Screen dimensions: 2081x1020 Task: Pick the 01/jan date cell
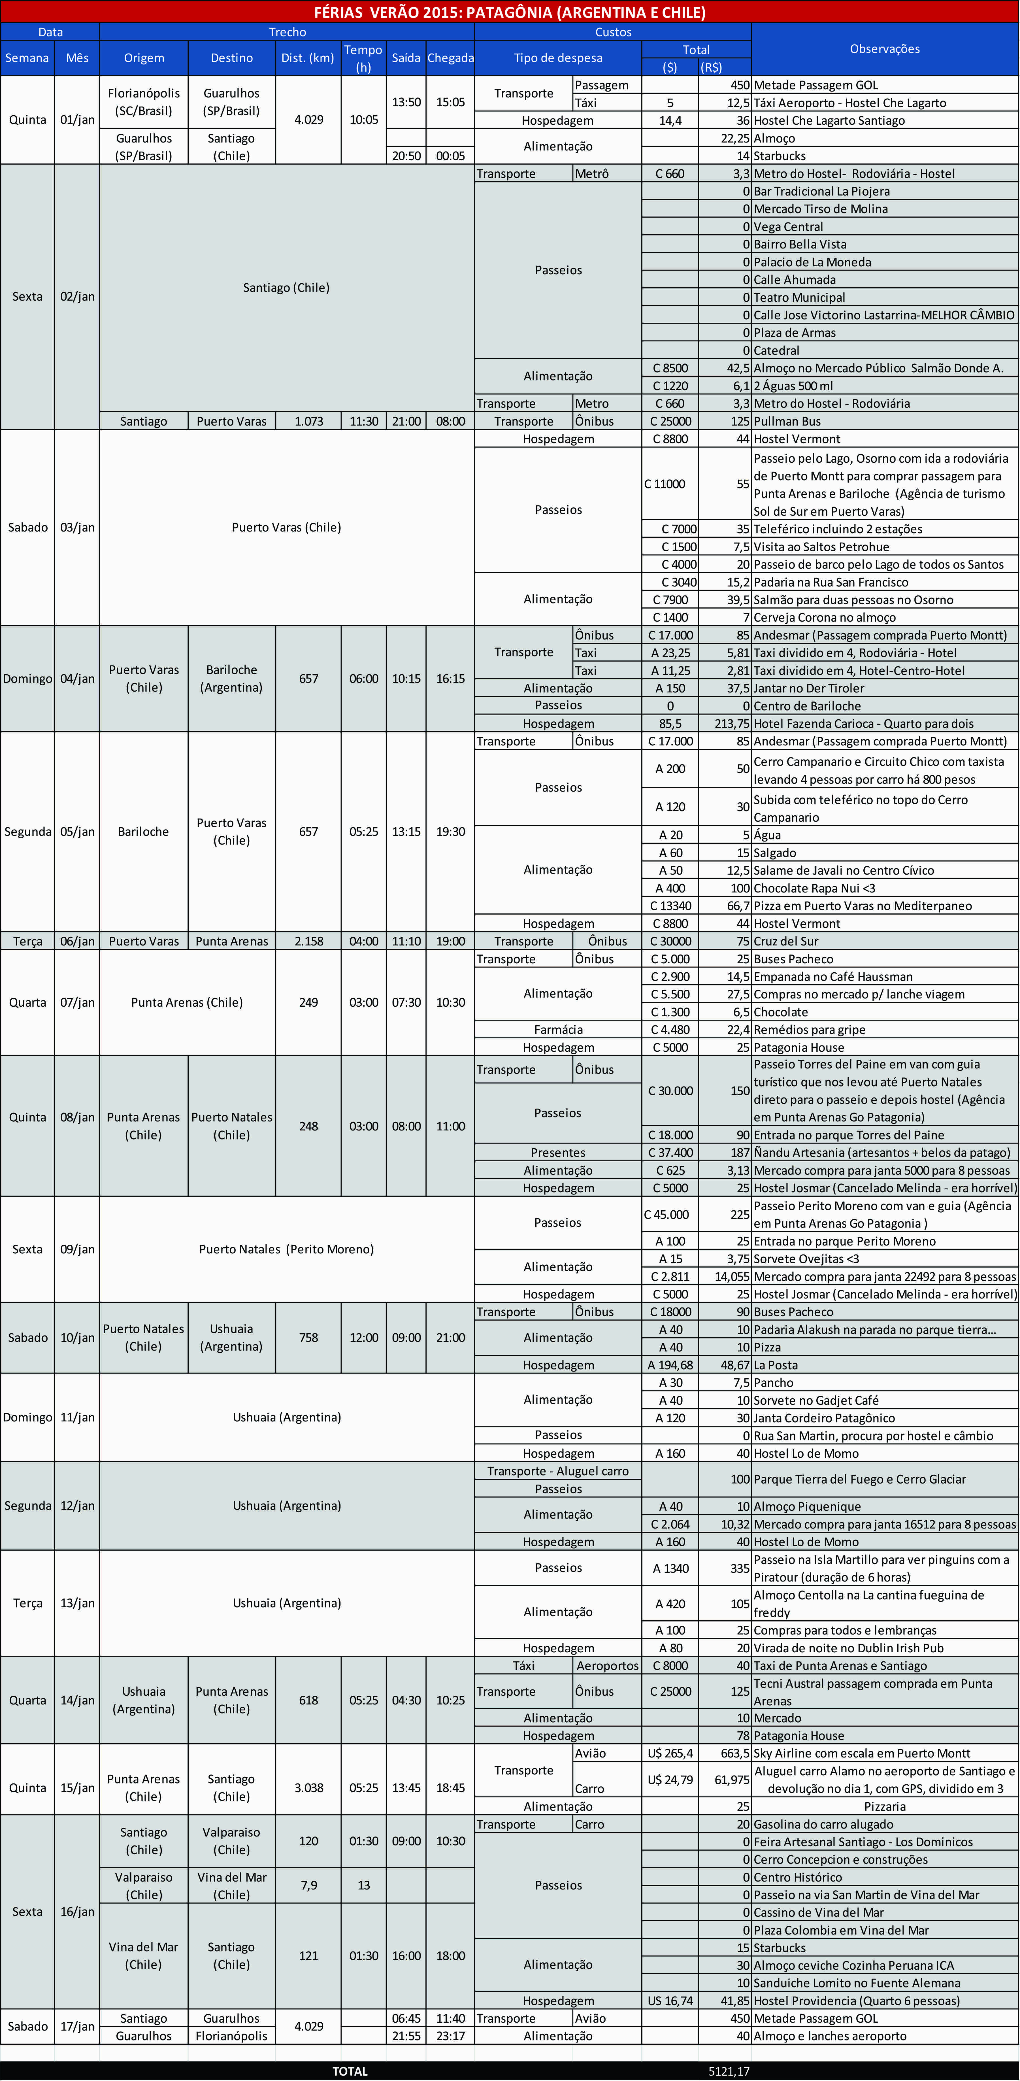78,120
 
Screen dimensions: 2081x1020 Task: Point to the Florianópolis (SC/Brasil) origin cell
144,102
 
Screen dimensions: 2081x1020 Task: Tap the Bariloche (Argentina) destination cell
232,679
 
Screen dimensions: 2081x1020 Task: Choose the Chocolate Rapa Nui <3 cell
814,888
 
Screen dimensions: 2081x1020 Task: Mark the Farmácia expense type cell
558,1029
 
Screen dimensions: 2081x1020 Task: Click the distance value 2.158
308,941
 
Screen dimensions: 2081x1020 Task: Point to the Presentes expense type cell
558,1153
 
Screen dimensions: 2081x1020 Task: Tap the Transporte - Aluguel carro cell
558,1471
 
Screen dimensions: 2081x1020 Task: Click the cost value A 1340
670,1568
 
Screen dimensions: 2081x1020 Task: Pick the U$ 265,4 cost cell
670,1753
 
